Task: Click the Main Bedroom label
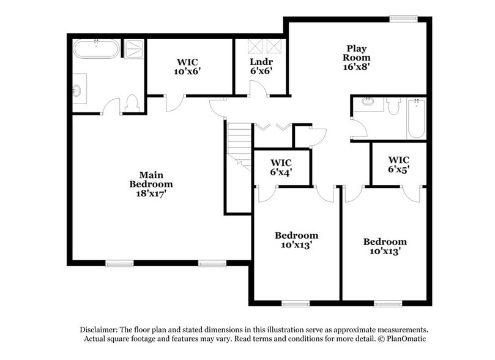[151, 184]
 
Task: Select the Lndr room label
[261, 66]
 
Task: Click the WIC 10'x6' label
[187, 66]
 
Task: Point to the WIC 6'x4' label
[281, 167]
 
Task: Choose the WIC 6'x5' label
[398, 165]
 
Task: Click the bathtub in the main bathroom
[96, 49]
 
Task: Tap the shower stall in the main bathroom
[133, 49]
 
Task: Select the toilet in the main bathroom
[132, 103]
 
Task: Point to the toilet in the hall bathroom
[393, 107]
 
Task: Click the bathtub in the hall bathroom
[416, 119]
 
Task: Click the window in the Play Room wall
[404, 18]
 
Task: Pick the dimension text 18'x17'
[151, 193]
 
